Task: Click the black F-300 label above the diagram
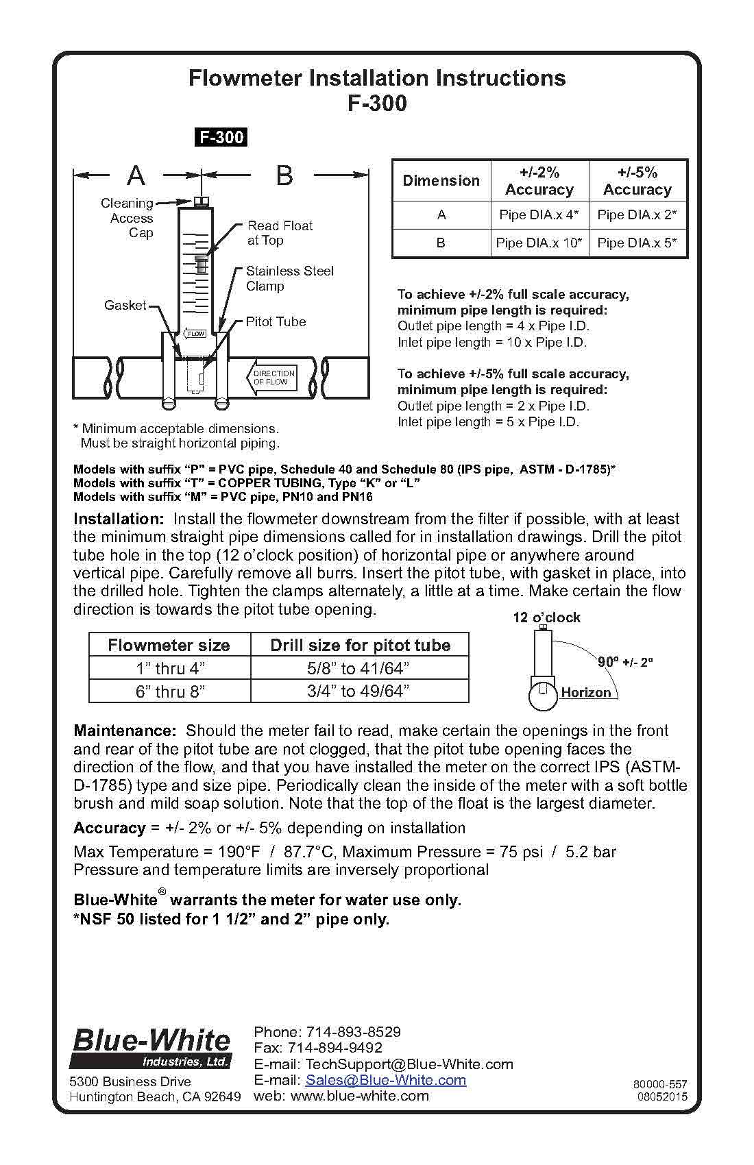(x=221, y=137)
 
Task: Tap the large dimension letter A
(x=136, y=176)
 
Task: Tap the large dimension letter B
(x=284, y=176)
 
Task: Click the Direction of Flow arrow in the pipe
(x=271, y=378)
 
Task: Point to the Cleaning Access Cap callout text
(x=128, y=218)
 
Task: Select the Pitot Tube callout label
(x=276, y=321)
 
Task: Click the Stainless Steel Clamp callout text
(x=289, y=278)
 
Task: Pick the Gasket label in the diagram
(x=125, y=305)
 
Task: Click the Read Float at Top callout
(x=280, y=233)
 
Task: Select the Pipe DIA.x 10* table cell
(x=539, y=243)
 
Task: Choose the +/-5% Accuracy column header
(x=637, y=181)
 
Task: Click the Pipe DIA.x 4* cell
(x=539, y=214)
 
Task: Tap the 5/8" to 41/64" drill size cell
(x=359, y=668)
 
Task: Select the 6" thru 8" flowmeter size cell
(x=170, y=691)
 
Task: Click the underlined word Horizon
(x=585, y=692)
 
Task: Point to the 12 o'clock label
(x=546, y=617)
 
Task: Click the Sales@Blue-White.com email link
(x=385, y=1080)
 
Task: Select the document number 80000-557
(x=660, y=1084)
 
